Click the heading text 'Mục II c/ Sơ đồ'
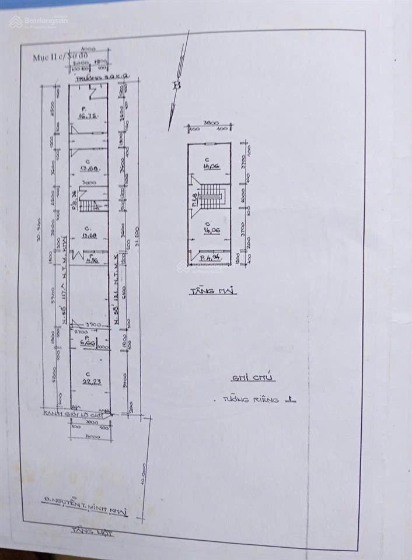(x=58, y=57)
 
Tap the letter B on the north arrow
(x=176, y=85)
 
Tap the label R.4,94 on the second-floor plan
(x=207, y=257)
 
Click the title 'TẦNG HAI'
(x=212, y=290)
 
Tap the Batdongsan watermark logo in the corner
(x=39, y=21)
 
